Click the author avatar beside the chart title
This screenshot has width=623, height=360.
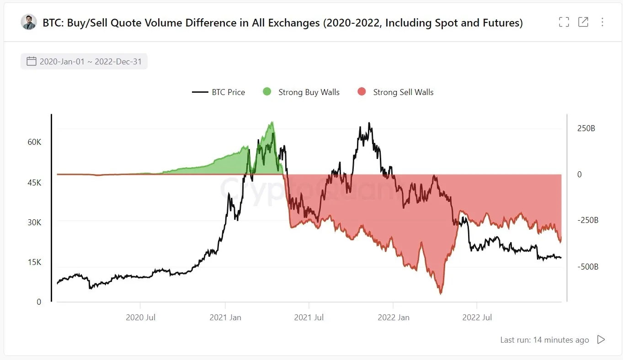coord(29,22)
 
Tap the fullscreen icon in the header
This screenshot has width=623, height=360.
coord(564,22)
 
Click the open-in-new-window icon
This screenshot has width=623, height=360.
coord(583,22)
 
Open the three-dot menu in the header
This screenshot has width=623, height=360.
coord(602,22)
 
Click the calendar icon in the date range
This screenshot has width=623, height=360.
coord(32,61)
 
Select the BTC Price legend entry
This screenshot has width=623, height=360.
coord(219,92)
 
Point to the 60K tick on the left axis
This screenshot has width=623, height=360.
coord(34,142)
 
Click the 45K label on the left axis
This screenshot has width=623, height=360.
coord(34,183)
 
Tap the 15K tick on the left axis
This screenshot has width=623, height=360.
coord(34,262)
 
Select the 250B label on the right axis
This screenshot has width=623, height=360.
coord(586,128)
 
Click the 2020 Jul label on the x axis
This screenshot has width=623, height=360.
coord(140,317)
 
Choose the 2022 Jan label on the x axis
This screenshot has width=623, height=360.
coord(393,317)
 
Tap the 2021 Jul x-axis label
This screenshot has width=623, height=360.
coord(309,317)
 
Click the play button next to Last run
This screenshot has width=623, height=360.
coord(602,339)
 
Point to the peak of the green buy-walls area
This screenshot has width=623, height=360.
coord(272,122)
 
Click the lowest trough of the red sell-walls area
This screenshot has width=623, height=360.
coord(441,293)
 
